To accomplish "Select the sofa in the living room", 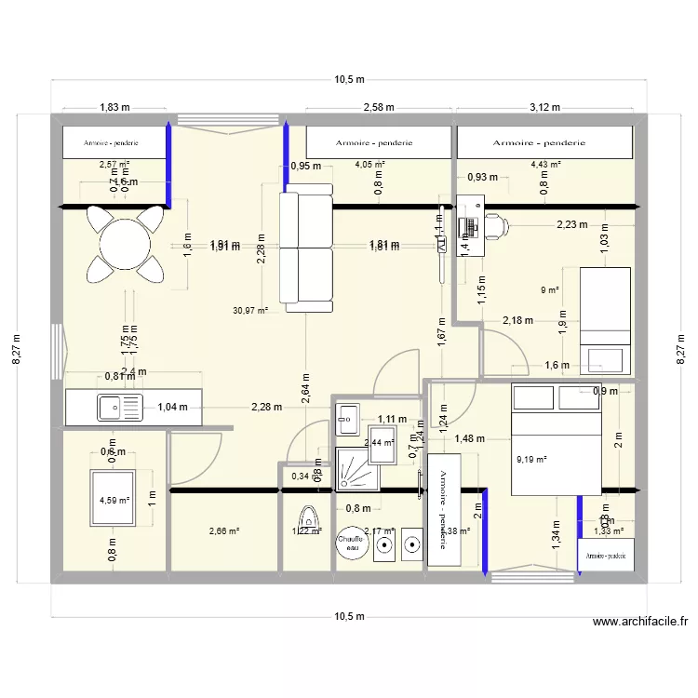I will [x=306, y=247].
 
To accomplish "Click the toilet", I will [x=307, y=517].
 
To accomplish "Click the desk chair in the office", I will [x=494, y=223].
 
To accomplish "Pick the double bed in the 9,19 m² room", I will [x=557, y=437].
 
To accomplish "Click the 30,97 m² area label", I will [x=249, y=311].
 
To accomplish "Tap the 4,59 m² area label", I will [x=115, y=499].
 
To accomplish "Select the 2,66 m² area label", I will [x=225, y=531].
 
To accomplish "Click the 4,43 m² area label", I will [x=545, y=165].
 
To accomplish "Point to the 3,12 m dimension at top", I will [x=545, y=107].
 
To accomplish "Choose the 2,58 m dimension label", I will [x=379, y=107].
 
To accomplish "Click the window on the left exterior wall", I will [x=58, y=352].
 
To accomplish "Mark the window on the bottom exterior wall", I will [x=530, y=577].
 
